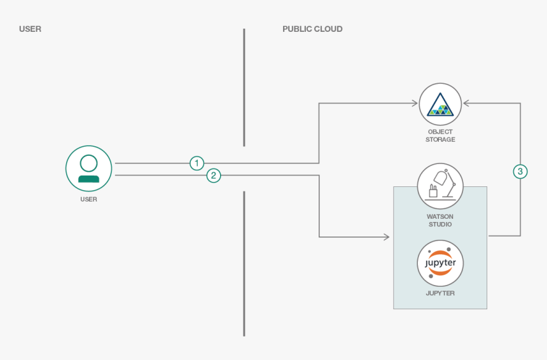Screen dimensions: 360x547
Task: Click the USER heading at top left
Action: pyautogui.click(x=30, y=29)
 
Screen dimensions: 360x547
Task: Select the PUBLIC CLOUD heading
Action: pyautogui.click(x=312, y=29)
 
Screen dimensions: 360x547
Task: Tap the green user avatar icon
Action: pyautogui.click(x=89, y=168)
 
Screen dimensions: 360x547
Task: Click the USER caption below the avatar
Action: pyautogui.click(x=89, y=199)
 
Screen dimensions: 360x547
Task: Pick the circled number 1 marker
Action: pyautogui.click(x=197, y=163)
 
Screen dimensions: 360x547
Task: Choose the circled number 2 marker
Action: pyautogui.click(x=214, y=175)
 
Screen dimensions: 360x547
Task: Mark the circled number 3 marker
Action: pyautogui.click(x=520, y=171)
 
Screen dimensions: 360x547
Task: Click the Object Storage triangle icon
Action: pyautogui.click(x=440, y=104)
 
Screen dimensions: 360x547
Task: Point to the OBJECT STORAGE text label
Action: pyautogui.click(x=440, y=135)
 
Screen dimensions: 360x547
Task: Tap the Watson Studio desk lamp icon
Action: pyautogui.click(x=440, y=186)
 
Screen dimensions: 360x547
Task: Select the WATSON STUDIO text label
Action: pyautogui.click(x=440, y=220)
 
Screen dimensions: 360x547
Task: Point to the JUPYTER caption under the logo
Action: pyautogui.click(x=440, y=293)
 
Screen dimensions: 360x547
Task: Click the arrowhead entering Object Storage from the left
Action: pyautogui.click(x=414, y=103)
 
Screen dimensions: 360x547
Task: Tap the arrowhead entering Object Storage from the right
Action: pyautogui.click(x=466, y=103)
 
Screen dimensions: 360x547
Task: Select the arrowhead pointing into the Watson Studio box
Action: pyautogui.click(x=386, y=237)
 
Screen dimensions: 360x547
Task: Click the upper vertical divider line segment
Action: pyautogui.click(x=244, y=87)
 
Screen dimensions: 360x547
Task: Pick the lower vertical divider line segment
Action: pyautogui.click(x=244, y=263)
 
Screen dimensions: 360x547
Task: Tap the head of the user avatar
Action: pyautogui.click(x=89, y=162)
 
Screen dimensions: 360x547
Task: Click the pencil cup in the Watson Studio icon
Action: pyautogui.click(x=433, y=191)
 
